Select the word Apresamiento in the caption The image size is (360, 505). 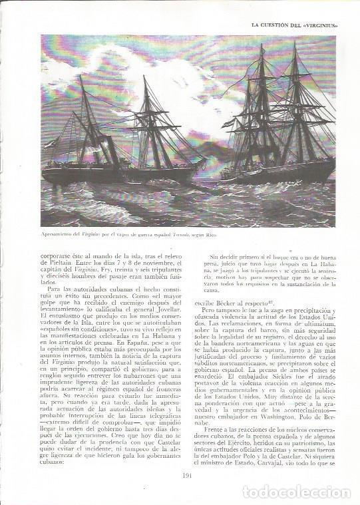[x=59, y=235]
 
